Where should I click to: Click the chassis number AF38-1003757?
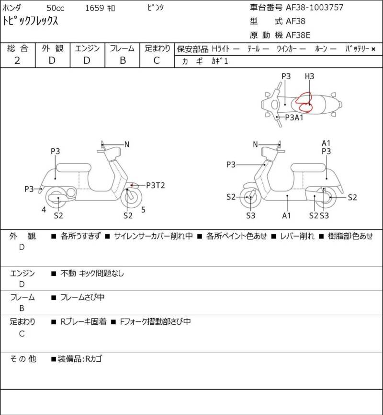(315, 7)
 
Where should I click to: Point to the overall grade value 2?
(17, 60)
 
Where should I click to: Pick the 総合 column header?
(18, 48)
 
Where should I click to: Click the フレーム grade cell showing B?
(123, 60)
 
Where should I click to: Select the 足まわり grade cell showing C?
(157, 60)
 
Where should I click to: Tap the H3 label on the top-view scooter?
(309, 76)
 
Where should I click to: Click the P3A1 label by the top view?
(294, 117)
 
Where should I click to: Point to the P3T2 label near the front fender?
(156, 185)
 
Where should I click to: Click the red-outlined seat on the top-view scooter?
(304, 102)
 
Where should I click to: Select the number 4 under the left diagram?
(44, 209)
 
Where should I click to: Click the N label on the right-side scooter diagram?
(255, 144)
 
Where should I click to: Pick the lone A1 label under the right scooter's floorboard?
(286, 216)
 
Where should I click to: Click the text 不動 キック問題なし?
(92, 273)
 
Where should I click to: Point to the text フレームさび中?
(82, 297)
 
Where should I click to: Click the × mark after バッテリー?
(373, 48)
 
